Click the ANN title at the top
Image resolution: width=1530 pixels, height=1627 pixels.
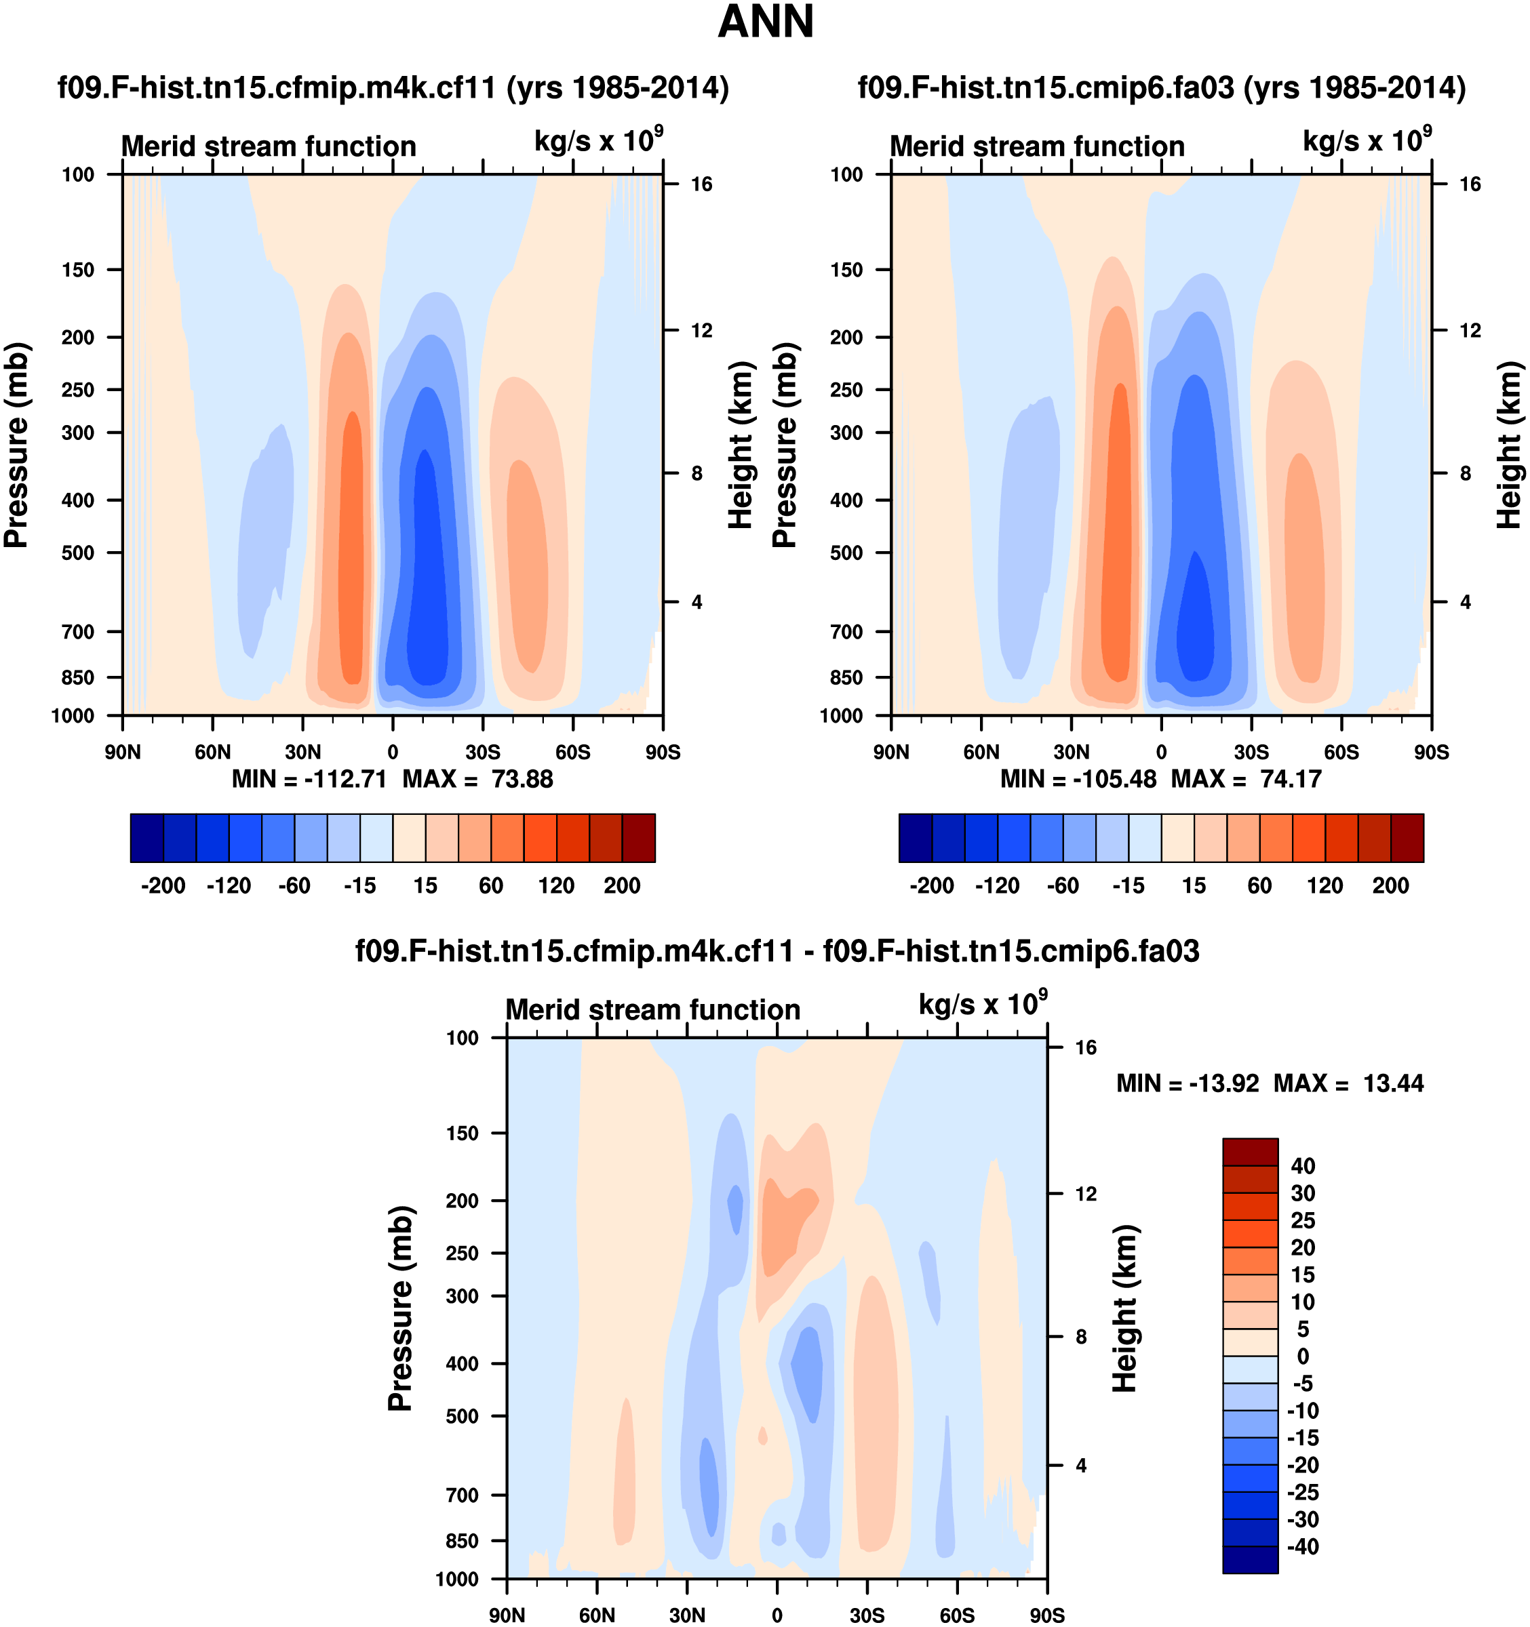pyautogui.click(x=766, y=22)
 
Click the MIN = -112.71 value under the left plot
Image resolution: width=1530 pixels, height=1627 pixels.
pyautogui.click(x=309, y=779)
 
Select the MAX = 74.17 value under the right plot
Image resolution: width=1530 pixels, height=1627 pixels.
pyautogui.click(x=1247, y=779)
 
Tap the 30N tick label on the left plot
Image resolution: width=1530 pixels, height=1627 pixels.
pyautogui.click(x=303, y=752)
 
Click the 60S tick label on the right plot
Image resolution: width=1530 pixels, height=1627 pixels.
pyautogui.click(x=1341, y=752)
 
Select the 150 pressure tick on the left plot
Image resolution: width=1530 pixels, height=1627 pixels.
pyautogui.click(x=78, y=270)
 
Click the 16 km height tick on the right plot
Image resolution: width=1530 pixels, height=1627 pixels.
pyautogui.click(x=1470, y=184)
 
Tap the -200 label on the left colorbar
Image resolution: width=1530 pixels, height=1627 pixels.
pyautogui.click(x=163, y=885)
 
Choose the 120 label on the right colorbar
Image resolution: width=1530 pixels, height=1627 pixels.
pyautogui.click(x=1325, y=885)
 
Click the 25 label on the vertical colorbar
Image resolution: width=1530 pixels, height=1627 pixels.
pyautogui.click(x=1302, y=1221)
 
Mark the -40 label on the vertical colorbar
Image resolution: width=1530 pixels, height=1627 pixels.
pyautogui.click(x=1302, y=1547)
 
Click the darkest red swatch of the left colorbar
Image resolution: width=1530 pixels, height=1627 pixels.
pyautogui.click(x=639, y=838)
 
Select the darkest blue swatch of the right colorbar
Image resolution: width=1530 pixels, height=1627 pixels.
pyautogui.click(x=915, y=838)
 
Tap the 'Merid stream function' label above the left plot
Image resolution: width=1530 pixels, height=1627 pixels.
pyautogui.click(x=269, y=146)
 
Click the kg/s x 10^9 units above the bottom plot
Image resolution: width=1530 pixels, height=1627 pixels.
pyautogui.click(x=982, y=1003)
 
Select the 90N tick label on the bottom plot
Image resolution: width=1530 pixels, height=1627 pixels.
pyautogui.click(x=507, y=1615)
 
